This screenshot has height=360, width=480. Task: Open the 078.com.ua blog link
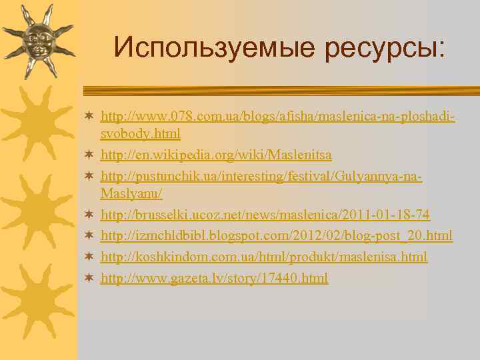(x=277, y=117)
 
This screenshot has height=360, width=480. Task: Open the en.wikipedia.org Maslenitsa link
(x=216, y=155)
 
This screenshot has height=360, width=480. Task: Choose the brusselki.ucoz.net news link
(x=265, y=215)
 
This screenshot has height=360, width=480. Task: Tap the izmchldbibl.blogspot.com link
(x=276, y=235)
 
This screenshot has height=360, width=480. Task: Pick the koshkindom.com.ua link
(x=264, y=257)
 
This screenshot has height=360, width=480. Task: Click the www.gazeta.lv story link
(x=214, y=277)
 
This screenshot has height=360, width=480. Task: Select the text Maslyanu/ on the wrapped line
(x=131, y=193)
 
